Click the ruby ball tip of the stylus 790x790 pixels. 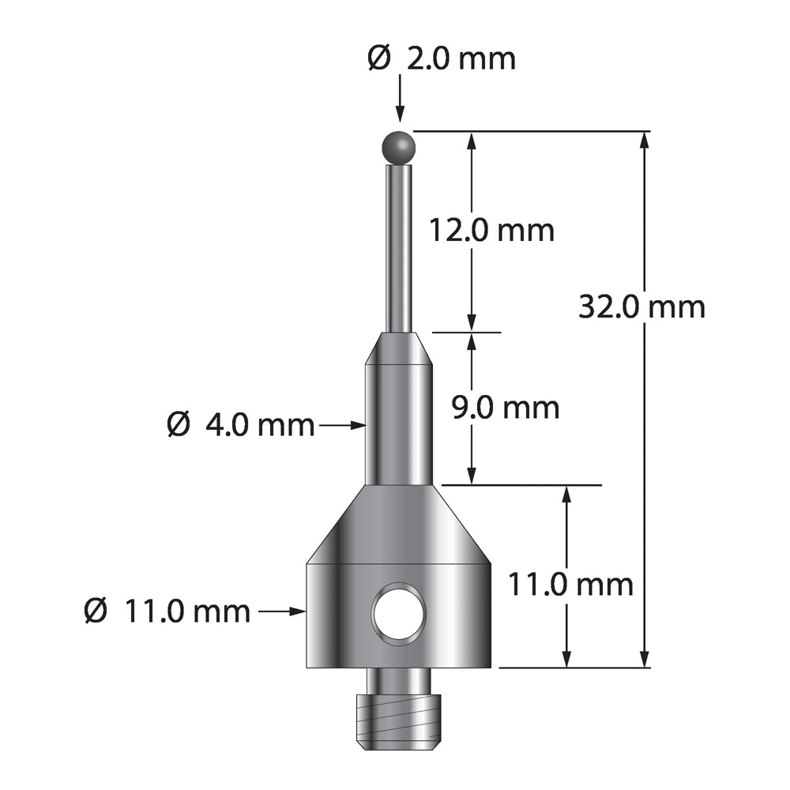(400, 148)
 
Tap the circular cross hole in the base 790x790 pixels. (399, 614)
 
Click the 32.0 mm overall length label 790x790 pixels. (641, 307)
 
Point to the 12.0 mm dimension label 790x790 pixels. (491, 230)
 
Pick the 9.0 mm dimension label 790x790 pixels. (506, 408)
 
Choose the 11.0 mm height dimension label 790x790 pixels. (570, 585)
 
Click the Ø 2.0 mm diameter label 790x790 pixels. (442, 59)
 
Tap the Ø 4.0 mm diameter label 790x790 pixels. (240, 425)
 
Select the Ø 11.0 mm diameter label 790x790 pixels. (167, 611)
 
